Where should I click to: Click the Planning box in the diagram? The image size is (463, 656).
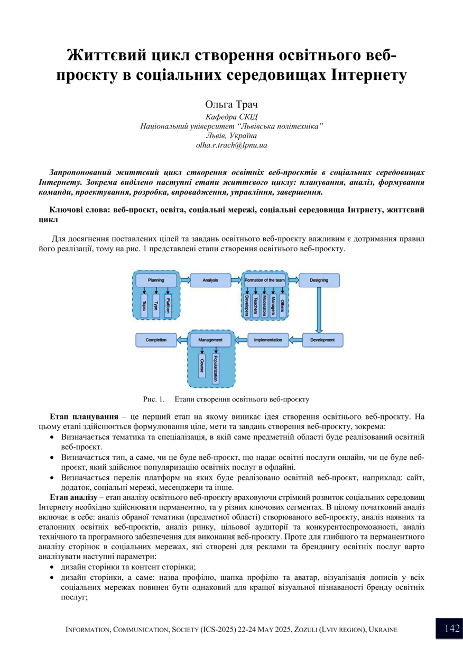pyautogui.click(x=156, y=280)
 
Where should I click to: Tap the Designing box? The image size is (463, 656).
pyautogui.click(x=319, y=280)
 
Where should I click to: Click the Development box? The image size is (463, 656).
pyautogui.click(x=322, y=340)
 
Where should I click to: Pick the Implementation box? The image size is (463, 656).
pyautogui.click(x=268, y=340)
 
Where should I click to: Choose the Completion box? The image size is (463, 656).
pyautogui.click(x=156, y=340)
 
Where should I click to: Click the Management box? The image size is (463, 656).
pyautogui.click(x=210, y=340)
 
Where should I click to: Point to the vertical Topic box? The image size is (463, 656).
pyautogui.click(x=144, y=305)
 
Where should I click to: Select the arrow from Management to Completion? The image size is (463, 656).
pyautogui.click(x=182, y=340)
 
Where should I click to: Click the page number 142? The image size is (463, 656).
pyautogui.click(x=452, y=628)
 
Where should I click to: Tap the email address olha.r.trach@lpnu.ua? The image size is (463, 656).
pyautogui.click(x=232, y=144)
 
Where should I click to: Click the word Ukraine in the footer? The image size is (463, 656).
pyautogui.click(x=383, y=630)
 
